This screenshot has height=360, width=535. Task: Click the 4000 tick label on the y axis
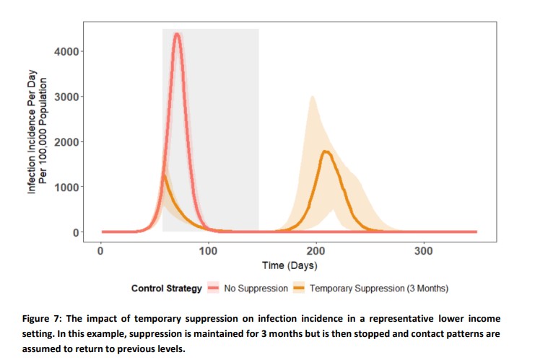[x=69, y=51]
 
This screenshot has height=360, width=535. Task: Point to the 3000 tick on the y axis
[x=69, y=97]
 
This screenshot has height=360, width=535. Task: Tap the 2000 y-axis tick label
[x=69, y=142]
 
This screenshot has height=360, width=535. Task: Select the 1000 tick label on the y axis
[x=69, y=188]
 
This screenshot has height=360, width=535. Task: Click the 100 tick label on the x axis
[x=208, y=250]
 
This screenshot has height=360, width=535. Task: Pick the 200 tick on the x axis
[x=316, y=250]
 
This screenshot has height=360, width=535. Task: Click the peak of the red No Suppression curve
[x=177, y=34]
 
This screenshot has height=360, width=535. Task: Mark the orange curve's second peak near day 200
[x=325, y=151]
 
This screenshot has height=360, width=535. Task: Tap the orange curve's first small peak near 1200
[x=164, y=175]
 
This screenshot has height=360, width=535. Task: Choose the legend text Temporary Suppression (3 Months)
[x=379, y=289]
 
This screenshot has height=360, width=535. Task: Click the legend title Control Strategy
[x=166, y=289]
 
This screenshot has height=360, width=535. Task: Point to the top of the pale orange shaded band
[x=311, y=97]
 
